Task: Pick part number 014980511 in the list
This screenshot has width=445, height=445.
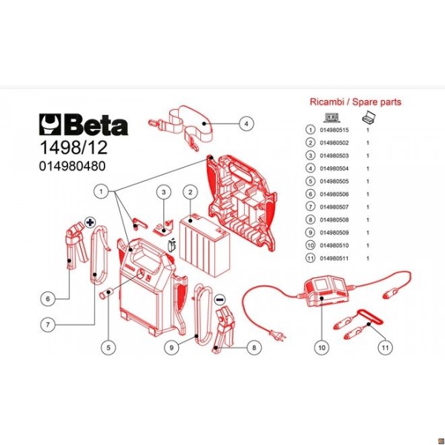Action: [334, 257]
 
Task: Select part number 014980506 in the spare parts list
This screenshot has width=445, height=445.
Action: [334, 194]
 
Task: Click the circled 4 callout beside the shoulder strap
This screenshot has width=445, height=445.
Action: [247, 124]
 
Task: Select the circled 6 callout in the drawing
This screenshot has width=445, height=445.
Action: [47, 299]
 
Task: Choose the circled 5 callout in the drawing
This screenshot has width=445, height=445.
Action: [108, 346]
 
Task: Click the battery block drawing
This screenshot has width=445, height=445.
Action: [204, 237]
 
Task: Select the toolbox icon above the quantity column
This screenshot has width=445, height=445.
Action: [367, 116]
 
